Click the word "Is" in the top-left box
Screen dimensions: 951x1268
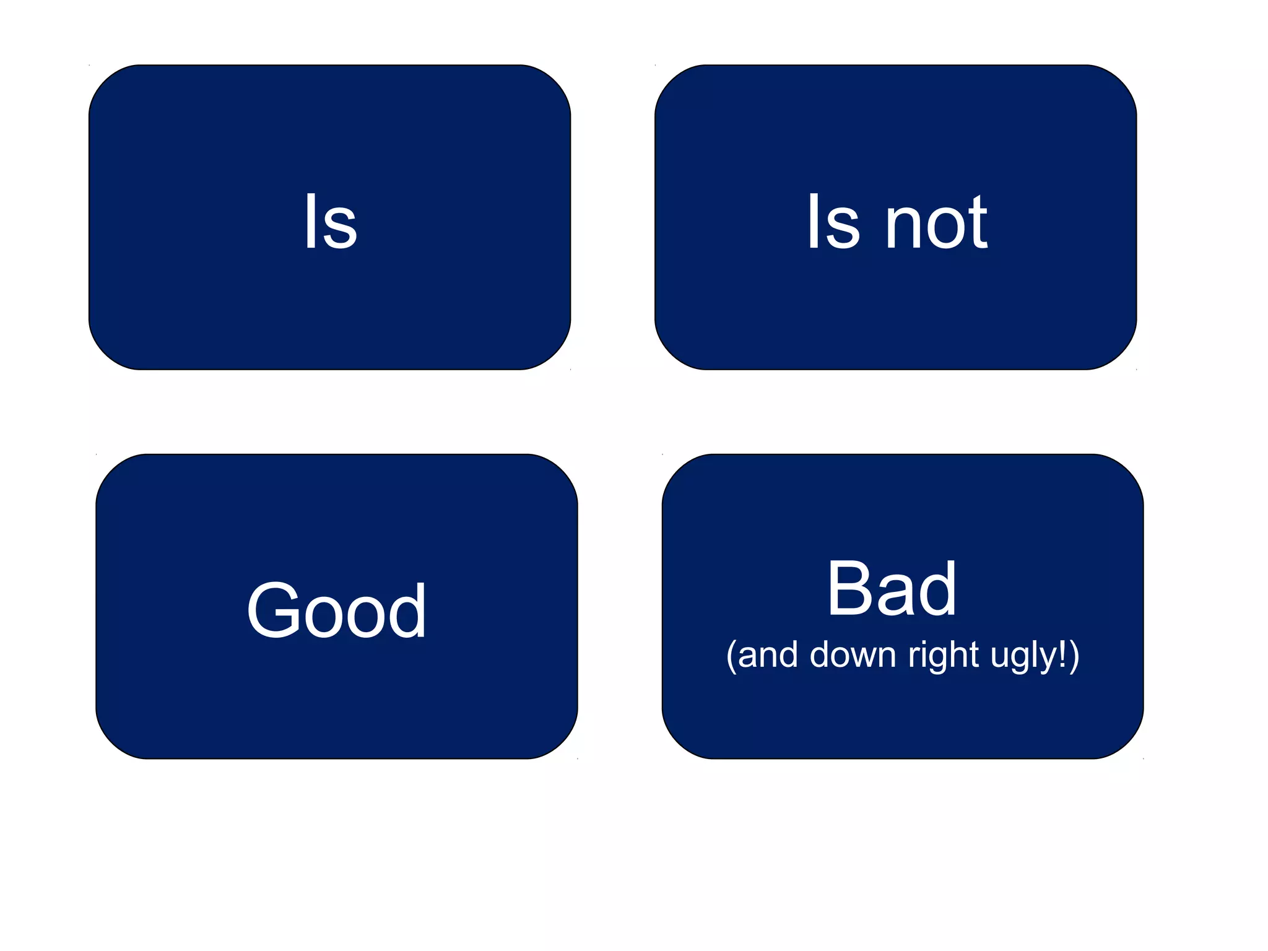[x=331, y=221]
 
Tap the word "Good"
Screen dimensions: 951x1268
[x=336, y=610]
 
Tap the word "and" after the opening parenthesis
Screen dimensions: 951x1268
[x=768, y=656]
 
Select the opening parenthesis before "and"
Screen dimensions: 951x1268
[x=731, y=656]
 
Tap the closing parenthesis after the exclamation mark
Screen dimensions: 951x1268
[x=1074, y=656]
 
